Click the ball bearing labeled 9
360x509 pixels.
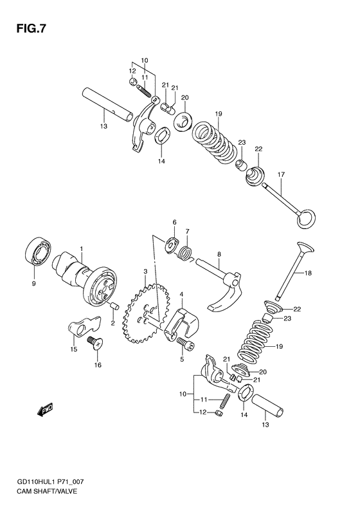(x=38, y=252)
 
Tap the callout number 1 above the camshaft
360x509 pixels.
(x=82, y=248)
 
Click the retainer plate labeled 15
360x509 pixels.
(x=82, y=328)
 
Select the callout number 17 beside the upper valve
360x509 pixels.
(x=280, y=174)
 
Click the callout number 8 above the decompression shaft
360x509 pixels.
(x=219, y=255)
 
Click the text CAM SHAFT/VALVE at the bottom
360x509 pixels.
(x=42, y=492)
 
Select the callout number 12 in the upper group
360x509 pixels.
(x=132, y=71)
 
